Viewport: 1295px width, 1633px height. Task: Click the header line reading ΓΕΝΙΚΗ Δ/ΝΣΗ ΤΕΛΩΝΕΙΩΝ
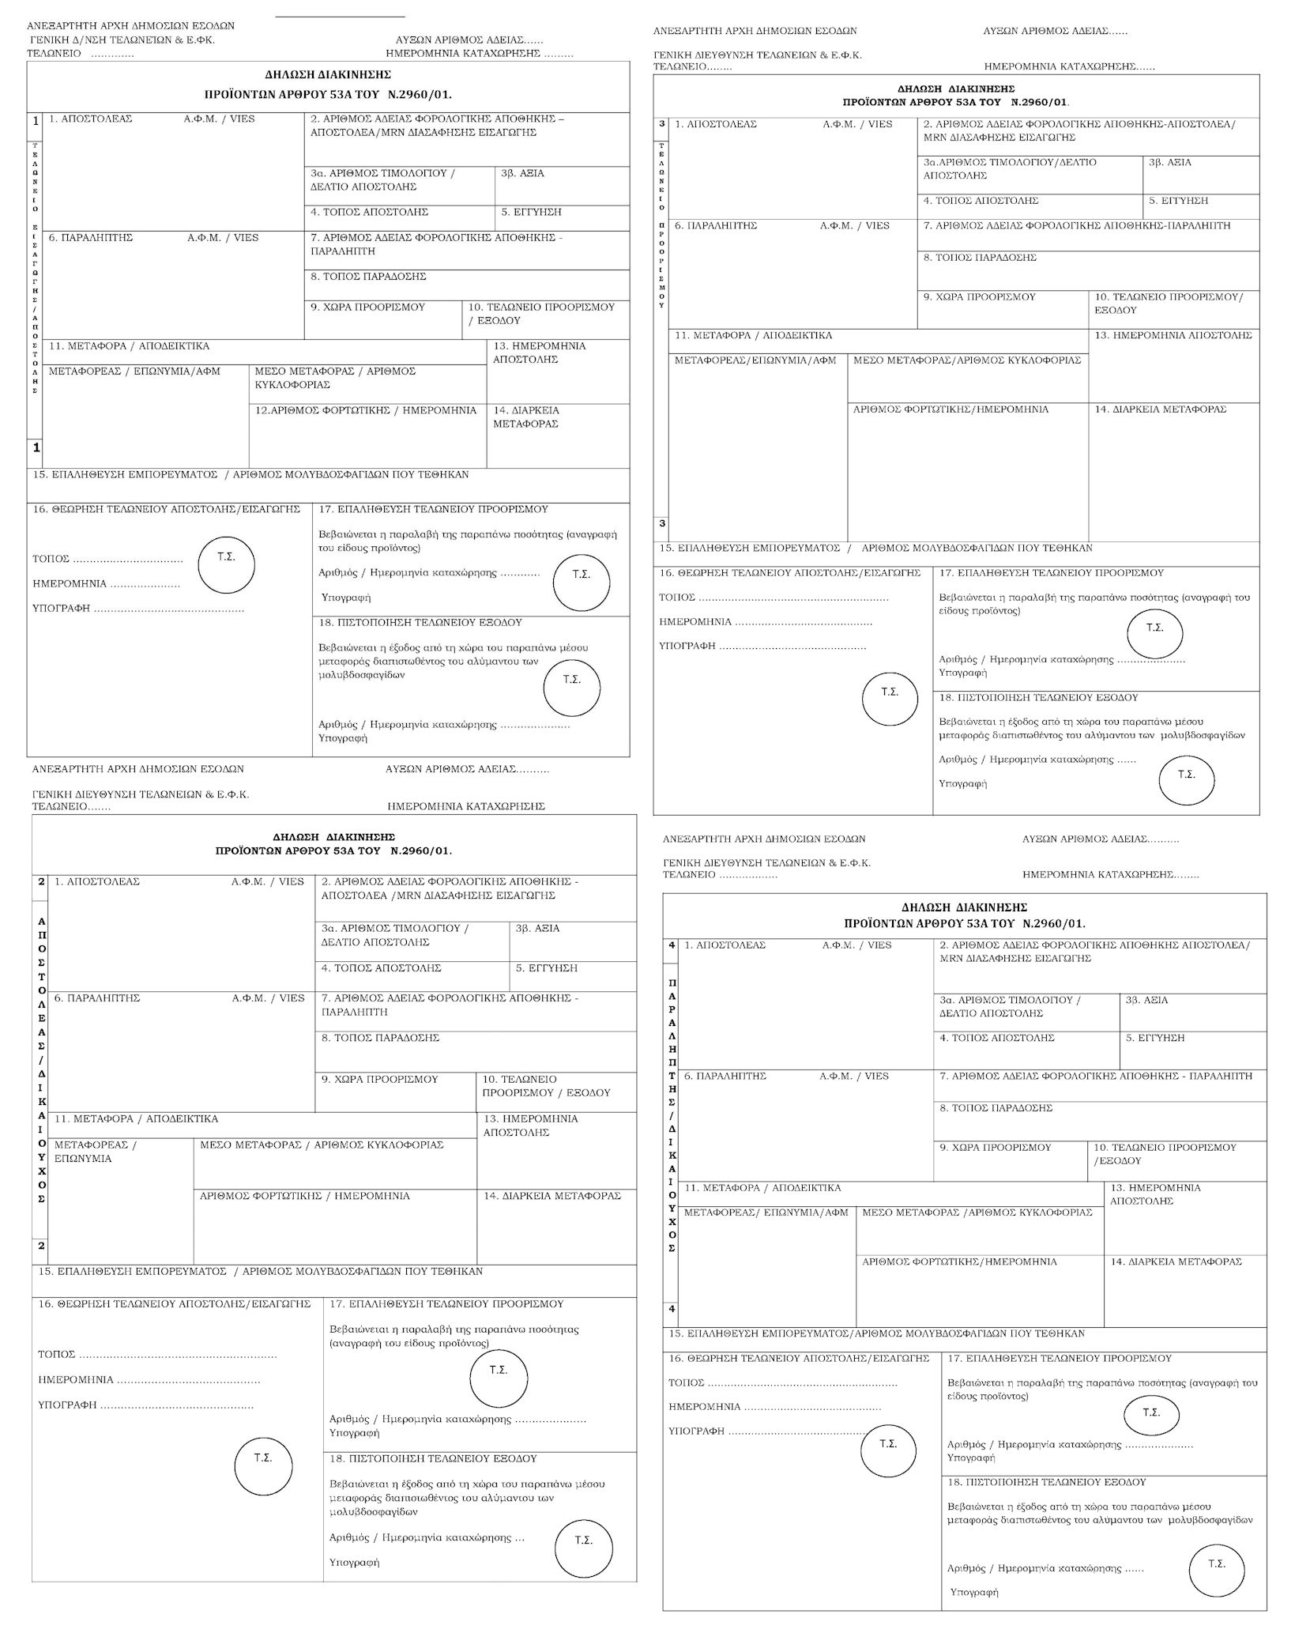122,40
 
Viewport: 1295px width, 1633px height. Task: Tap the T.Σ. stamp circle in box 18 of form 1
571,686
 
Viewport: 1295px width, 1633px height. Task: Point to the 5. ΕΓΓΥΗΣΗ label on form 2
546,968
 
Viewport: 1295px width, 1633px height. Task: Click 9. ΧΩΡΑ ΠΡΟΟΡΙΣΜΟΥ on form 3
979,297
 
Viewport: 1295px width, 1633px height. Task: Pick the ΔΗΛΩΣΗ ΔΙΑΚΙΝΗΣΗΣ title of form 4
963,907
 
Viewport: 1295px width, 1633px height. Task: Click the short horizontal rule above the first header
340,16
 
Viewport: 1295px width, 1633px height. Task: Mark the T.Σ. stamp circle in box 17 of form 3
1154,633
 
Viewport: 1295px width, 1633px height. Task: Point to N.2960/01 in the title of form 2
420,851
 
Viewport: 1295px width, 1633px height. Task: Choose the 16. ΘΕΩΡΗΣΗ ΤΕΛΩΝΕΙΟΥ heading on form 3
789,572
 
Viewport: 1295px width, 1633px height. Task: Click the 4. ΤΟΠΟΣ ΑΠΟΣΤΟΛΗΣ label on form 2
381,968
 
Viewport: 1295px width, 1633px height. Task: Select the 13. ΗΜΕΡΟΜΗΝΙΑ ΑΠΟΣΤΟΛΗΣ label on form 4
1154,1194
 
